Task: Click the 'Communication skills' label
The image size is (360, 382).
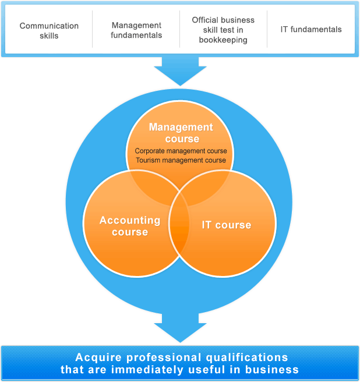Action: pyautogui.click(x=49, y=30)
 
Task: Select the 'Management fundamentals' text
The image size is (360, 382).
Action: pyautogui.click(x=136, y=30)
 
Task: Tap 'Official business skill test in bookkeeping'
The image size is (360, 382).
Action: pyautogui.click(x=223, y=30)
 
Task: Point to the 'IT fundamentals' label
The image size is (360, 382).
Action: pyautogui.click(x=311, y=30)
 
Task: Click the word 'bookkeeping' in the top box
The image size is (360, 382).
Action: pyautogui.click(x=223, y=40)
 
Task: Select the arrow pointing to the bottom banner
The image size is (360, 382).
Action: pyautogui.click(x=181, y=328)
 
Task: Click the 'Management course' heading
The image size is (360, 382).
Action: pyautogui.click(x=181, y=133)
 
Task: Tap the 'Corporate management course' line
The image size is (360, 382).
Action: pyautogui.click(x=181, y=151)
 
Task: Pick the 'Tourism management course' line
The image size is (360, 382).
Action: pyautogui.click(x=181, y=160)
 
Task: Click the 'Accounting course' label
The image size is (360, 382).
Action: pyautogui.click(x=130, y=226)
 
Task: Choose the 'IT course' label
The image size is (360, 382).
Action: pyautogui.click(x=227, y=225)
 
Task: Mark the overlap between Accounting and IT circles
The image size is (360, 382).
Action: pyautogui.click(x=179, y=224)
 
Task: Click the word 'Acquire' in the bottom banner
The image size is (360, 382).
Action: pyautogui.click(x=98, y=358)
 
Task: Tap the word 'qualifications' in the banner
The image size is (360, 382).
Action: pyautogui.click(x=247, y=358)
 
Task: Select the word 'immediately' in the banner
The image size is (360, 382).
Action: pyautogui.click(x=147, y=369)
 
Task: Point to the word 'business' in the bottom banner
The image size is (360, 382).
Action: pyautogui.click(x=272, y=369)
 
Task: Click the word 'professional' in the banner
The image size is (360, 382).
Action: pyautogui.click(x=164, y=358)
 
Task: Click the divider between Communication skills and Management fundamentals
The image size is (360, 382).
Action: pyautogui.click(x=93, y=29)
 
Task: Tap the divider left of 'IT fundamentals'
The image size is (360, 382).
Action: pyautogui.click(x=267, y=29)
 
